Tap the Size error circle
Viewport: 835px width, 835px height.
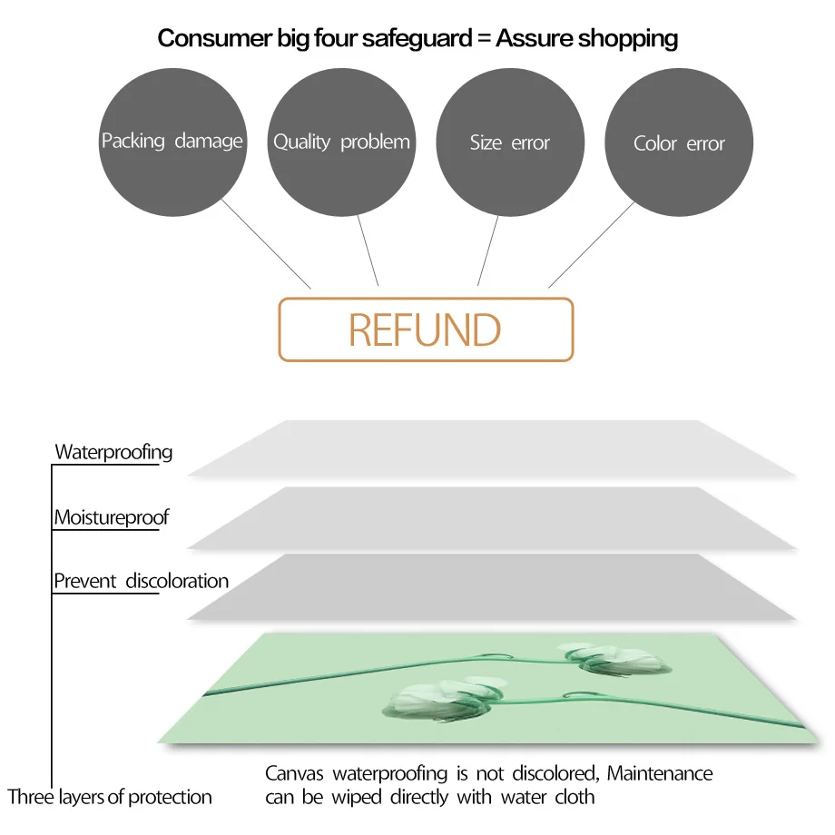coord(510,142)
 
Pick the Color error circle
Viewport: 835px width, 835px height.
coord(679,143)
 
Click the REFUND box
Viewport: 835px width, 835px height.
coord(426,330)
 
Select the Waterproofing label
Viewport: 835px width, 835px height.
coord(113,451)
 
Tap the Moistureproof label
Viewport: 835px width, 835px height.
coord(112,517)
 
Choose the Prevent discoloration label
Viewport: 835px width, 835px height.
coord(141,581)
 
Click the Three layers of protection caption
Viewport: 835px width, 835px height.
coord(110,797)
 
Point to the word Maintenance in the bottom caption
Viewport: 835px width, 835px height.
coord(660,773)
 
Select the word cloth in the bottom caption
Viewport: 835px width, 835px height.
coord(575,797)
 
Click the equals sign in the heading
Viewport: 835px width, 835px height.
coord(482,39)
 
